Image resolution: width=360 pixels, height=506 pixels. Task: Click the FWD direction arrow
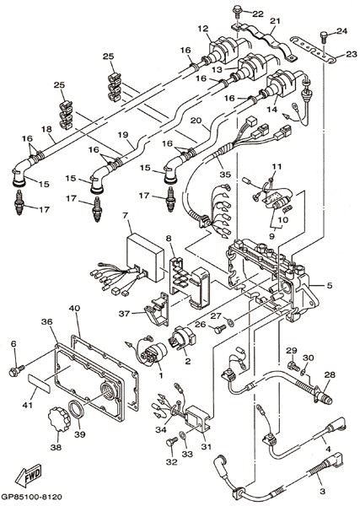28,476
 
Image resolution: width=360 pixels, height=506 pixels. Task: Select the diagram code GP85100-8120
31,497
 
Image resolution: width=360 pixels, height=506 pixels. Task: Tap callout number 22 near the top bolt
258,13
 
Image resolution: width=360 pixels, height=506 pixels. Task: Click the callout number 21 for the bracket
275,22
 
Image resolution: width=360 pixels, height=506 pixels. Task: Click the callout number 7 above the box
125,214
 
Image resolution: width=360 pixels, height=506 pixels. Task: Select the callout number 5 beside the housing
329,285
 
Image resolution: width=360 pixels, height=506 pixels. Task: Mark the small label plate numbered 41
39,383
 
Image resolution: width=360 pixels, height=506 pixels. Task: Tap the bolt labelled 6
16,370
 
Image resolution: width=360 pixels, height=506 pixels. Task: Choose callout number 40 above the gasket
74,308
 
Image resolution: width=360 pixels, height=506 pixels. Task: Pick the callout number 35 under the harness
225,175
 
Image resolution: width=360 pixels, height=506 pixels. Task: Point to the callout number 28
330,374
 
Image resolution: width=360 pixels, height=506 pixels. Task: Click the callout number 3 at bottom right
323,492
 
